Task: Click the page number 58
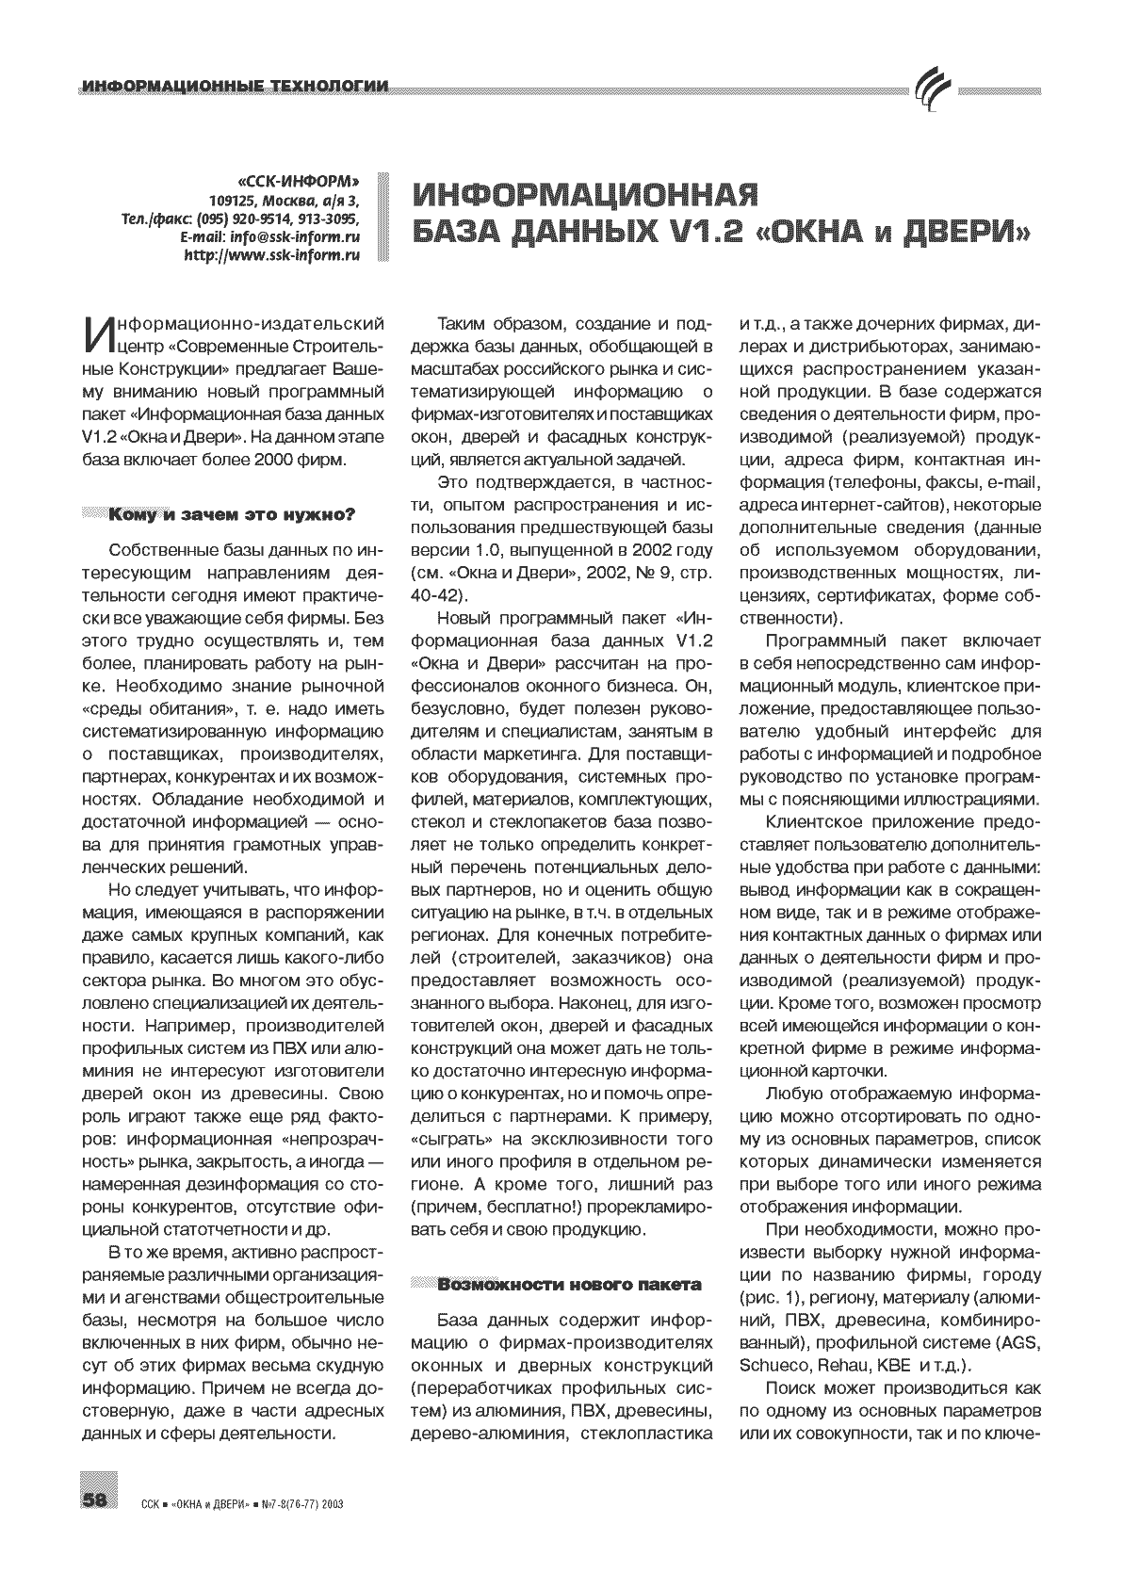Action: pos(98,1500)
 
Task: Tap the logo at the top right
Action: pos(933,89)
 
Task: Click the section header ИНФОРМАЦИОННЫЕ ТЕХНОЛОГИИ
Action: pos(236,88)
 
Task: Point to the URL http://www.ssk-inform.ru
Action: pos(272,254)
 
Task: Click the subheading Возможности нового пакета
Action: pos(569,1284)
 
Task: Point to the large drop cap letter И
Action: pos(99,336)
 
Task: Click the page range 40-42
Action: pos(440,594)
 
